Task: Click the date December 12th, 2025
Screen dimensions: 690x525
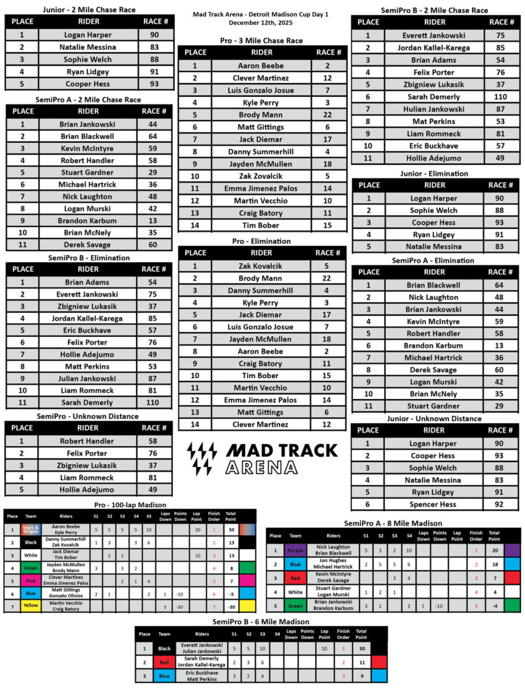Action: click(x=262, y=22)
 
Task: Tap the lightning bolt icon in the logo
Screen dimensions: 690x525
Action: click(x=202, y=458)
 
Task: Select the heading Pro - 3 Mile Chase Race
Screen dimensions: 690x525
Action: click(x=261, y=40)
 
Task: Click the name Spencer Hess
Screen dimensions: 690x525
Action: click(x=435, y=504)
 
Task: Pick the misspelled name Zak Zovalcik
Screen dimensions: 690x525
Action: click(x=261, y=176)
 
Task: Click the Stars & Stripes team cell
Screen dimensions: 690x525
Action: click(x=31, y=530)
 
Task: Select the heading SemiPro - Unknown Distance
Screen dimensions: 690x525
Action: click(x=87, y=416)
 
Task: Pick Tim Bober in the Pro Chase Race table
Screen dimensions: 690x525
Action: click(x=261, y=226)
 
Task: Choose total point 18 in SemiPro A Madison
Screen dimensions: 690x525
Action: click(x=494, y=565)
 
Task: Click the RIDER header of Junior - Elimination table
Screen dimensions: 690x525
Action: click(x=435, y=185)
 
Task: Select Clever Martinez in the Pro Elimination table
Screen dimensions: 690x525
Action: click(x=261, y=425)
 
